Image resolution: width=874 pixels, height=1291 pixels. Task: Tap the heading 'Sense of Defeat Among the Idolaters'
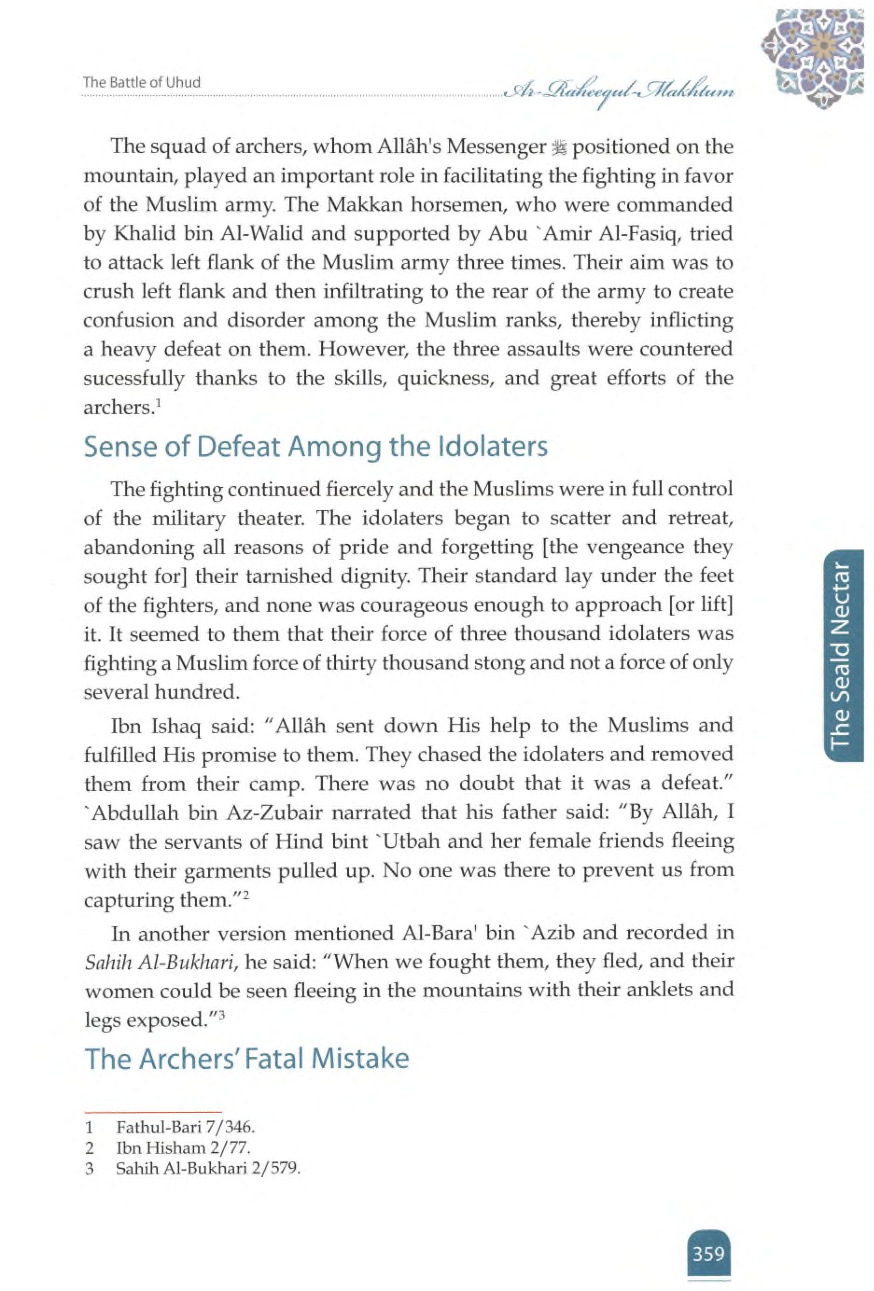[315, 447]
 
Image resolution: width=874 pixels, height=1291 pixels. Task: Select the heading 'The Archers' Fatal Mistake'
[246, 1059]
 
